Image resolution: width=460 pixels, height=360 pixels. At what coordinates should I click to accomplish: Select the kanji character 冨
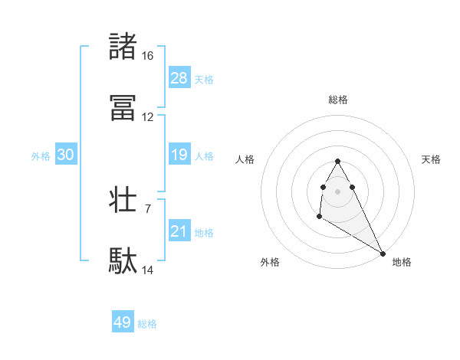[123, 109]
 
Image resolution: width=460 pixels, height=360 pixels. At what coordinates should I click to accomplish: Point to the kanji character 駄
[123, 262]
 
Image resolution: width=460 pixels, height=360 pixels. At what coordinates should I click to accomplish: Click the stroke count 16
[148, 56]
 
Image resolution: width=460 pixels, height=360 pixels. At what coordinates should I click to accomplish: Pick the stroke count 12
[148, 117]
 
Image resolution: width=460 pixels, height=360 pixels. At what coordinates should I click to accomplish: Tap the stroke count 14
[148, 270]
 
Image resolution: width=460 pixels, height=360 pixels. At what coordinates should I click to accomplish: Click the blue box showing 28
[179, 77]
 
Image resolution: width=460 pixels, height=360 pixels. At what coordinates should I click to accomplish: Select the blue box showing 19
[179, 155]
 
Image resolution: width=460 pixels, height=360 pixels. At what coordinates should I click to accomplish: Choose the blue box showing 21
[179, 231]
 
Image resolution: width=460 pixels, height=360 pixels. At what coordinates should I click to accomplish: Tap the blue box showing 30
[66, 155]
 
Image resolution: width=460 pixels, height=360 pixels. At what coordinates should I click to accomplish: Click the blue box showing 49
[123, 322]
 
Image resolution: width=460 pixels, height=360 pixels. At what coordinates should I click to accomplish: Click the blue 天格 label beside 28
[204, 79]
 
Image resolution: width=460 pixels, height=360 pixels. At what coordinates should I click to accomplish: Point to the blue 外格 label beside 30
[41, 156]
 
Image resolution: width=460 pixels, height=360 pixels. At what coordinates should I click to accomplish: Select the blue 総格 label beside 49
[147, 324]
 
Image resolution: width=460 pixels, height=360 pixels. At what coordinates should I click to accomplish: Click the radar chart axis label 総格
[338, 100]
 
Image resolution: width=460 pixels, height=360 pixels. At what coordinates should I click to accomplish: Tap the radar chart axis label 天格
[432, 159]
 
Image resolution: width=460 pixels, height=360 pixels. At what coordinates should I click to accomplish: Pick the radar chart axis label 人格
[245, 159]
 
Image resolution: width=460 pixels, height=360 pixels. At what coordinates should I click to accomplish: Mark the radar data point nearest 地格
[383, 254]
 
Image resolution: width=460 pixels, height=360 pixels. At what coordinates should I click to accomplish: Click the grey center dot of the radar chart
[338, 190]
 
